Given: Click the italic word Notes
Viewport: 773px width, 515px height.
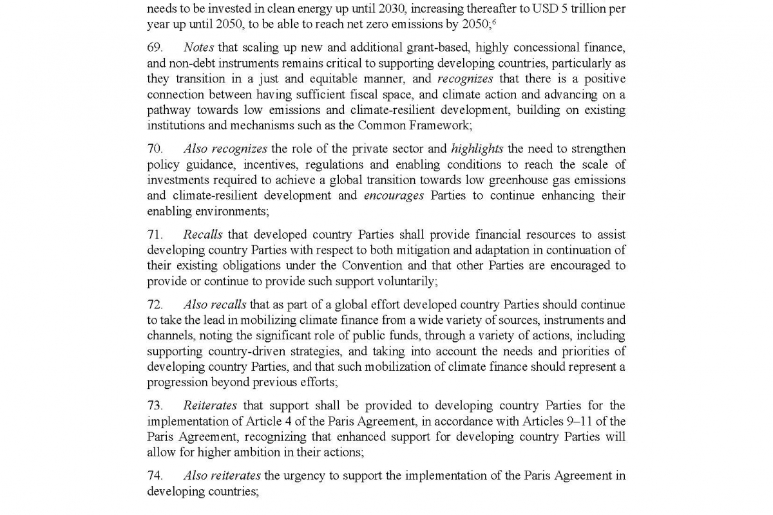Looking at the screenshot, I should (x=198, y=48).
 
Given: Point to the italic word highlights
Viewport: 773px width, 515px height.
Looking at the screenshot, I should (x=477, y=149).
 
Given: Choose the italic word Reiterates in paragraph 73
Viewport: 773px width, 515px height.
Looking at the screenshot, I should (x=210, y=406).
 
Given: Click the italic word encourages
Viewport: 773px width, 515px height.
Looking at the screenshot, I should (x=394, y=196).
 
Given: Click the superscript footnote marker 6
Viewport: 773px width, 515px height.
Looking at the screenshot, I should (x=493, y=23).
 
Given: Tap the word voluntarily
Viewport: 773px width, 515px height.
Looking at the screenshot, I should (x=404, y=281).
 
